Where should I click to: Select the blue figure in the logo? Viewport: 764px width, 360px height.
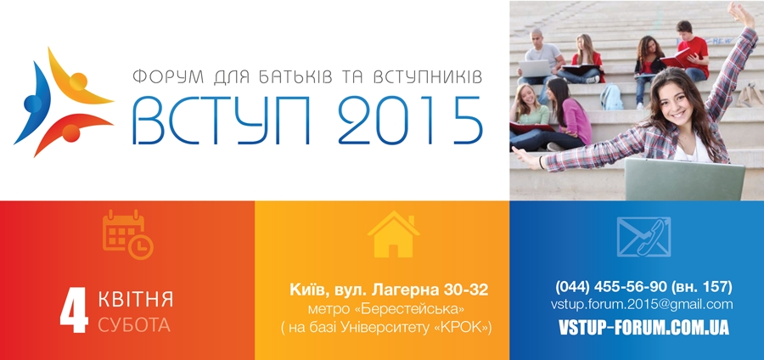click(x=31, y=103)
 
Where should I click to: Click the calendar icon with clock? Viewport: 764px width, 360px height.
click(x=127, y=234)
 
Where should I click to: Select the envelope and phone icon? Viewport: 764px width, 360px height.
click(x=643, y=237)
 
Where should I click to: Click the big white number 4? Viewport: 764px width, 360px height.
click(x=74, y=310)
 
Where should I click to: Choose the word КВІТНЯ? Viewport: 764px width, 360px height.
click(x=136, y=299)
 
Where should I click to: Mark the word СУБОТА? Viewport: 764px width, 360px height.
click(x=134, y=325)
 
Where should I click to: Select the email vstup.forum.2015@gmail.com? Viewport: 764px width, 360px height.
click(x=642, y=305)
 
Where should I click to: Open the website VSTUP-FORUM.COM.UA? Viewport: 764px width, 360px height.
click(x=643, y=328)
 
